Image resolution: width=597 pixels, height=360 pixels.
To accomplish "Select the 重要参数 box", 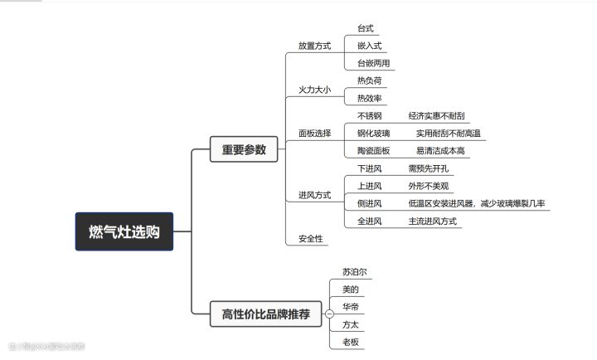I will pyautogui.click(x=244, y=150).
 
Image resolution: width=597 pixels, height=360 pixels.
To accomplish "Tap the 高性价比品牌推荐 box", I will pyautogui.click(x=265, y=314).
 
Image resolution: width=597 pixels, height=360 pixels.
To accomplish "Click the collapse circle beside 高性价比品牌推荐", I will pyautogui.click(x=329, y=314).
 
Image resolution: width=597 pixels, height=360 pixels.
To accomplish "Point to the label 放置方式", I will pyautogui.click(x=314, y=46).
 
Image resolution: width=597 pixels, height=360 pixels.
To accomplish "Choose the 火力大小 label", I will pyautogui.click(x=314, y=89).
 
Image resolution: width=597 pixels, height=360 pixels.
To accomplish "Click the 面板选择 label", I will pyautogui.click(x=314, y=133).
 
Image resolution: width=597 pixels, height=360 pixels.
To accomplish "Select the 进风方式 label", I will pyautogui.click(x=314, y=195).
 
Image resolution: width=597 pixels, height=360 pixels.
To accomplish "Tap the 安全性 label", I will pyautogui.click(x=311, y=239).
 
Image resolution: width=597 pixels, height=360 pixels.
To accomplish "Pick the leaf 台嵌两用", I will pyautogui.click(x=373, y=63).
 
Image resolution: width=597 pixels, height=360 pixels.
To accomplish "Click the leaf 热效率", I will pyautogui.click(x=369, y=99).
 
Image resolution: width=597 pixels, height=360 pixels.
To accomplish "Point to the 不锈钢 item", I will pyautogui.click(x=369, y=116).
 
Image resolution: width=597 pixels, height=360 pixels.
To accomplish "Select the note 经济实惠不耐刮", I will pyautogui.click(x=435, y=116).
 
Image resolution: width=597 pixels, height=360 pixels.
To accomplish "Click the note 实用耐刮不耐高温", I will pyautogui.click(x=448, y=133).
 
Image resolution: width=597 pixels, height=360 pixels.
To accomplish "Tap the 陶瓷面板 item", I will pyautogui.click(x=373, y=151).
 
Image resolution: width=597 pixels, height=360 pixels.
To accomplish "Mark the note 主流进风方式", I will pyautogui.click(x=432, y=221).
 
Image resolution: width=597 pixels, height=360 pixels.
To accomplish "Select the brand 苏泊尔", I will pyautogui.click(x=355, y=271).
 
